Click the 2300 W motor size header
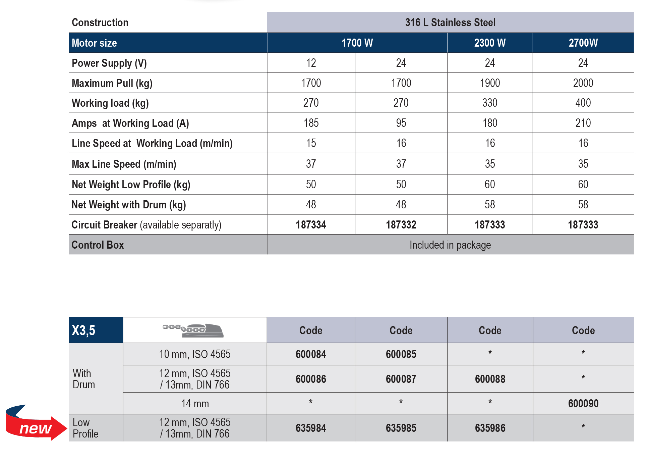pos(489,43)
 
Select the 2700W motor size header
pos(583,43)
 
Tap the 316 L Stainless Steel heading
pos(450,22)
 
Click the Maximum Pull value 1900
pos(489,83)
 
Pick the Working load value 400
pos(583,103)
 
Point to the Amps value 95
pos(401,123)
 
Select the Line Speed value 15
pos(311,143)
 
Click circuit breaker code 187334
pos(311,225)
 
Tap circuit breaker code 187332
pos(401,225)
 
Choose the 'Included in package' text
pos(450,245)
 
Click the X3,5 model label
pos(83,330)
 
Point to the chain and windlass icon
pos(193,330)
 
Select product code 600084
pos(311,354)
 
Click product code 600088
pos(490,379)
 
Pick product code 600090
pos(583,404)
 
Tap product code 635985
pos(401,428)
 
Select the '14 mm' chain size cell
pos(195,404)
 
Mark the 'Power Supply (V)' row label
pos(109,63)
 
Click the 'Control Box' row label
pos(98,245)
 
